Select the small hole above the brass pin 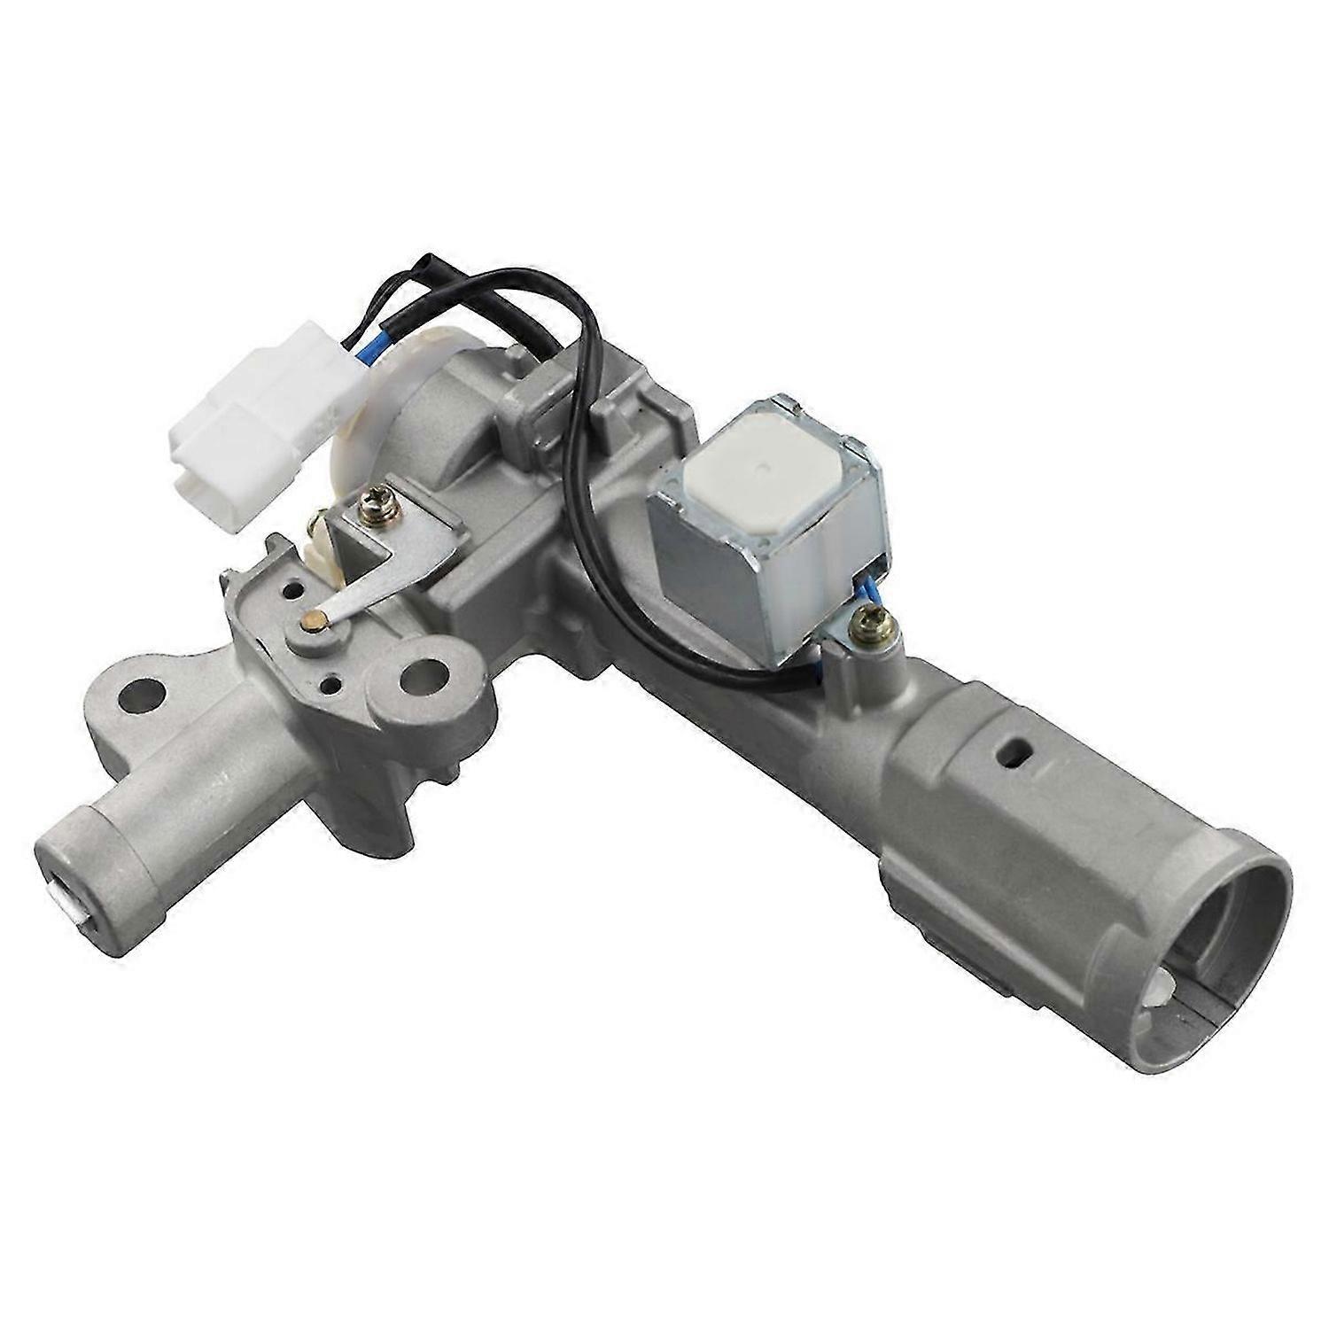click(x=289, y=587)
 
